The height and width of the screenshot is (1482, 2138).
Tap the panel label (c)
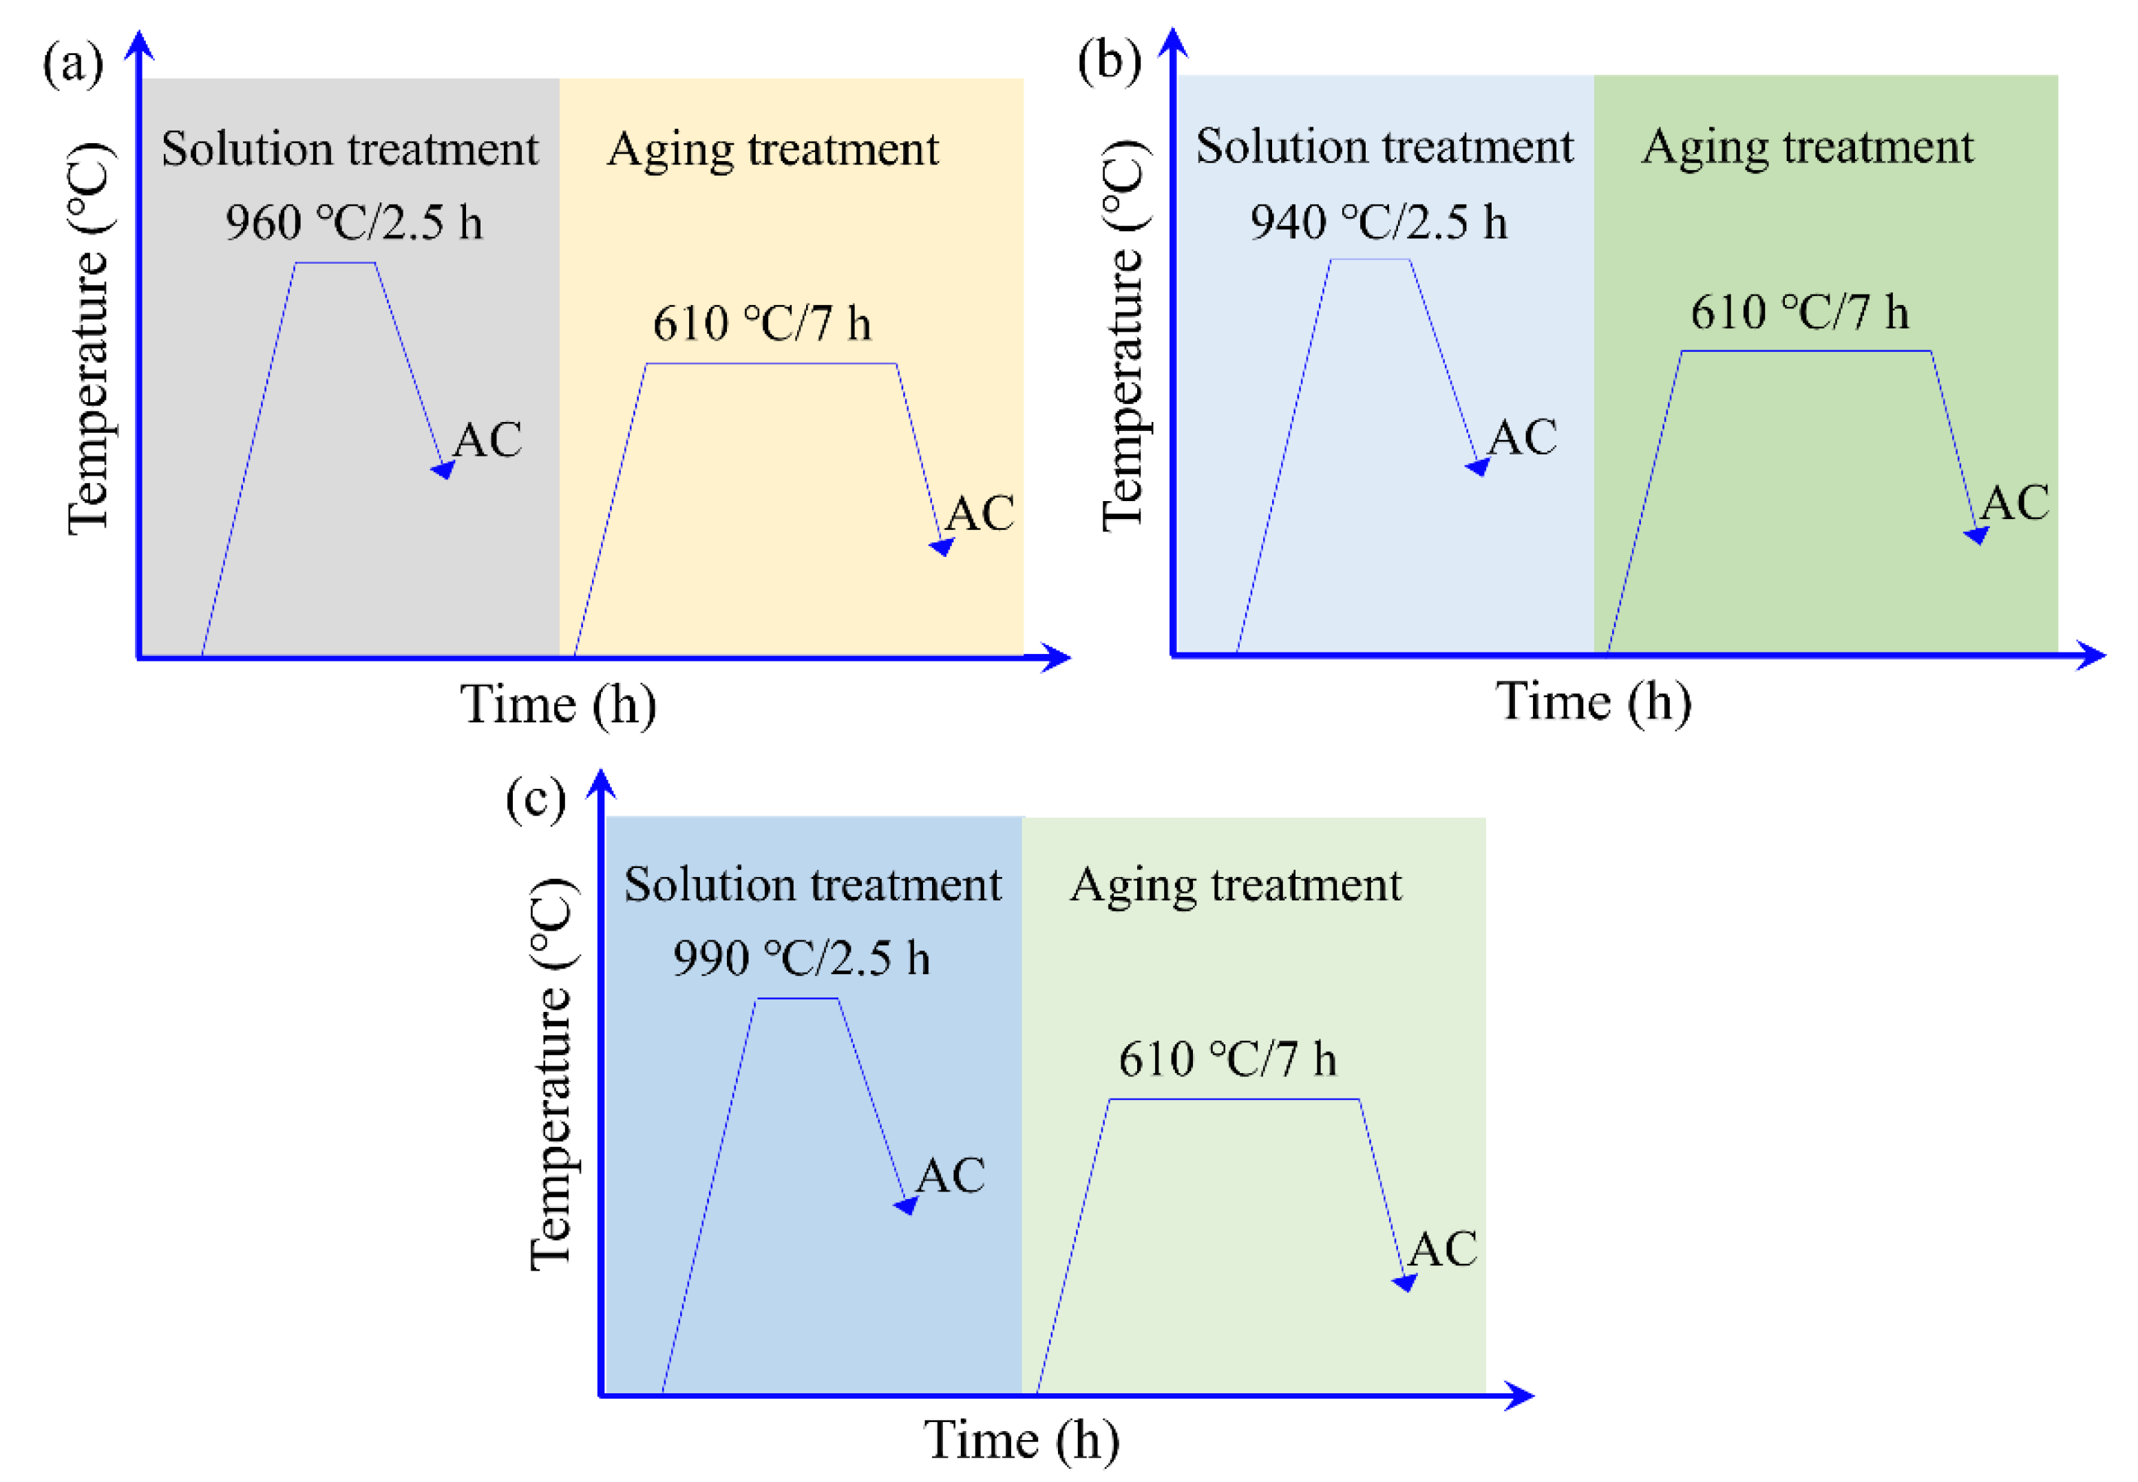(x=536, y=799)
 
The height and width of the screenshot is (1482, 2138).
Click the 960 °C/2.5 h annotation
(x=354, y=224)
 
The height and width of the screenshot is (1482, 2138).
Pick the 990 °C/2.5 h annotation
(x=801, y=958)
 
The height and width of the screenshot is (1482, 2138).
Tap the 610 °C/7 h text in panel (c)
(x=1227, y=1059)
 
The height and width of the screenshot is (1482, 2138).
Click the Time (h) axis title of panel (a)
(x=558, y=705)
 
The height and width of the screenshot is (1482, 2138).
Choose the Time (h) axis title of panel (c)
(x=1022, y=1441)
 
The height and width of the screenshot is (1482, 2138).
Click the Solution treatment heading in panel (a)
(x=349, y=149)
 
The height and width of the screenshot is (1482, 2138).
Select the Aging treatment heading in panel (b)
(x=1808, y=147)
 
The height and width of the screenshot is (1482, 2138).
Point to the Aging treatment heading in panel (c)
(x=1236, y=885)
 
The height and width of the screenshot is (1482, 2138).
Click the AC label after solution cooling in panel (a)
(x=487, y=440)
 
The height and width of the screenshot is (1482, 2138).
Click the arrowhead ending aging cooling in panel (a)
(x=942, y=547)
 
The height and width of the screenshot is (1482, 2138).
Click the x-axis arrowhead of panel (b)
(x=2092, y=655)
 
